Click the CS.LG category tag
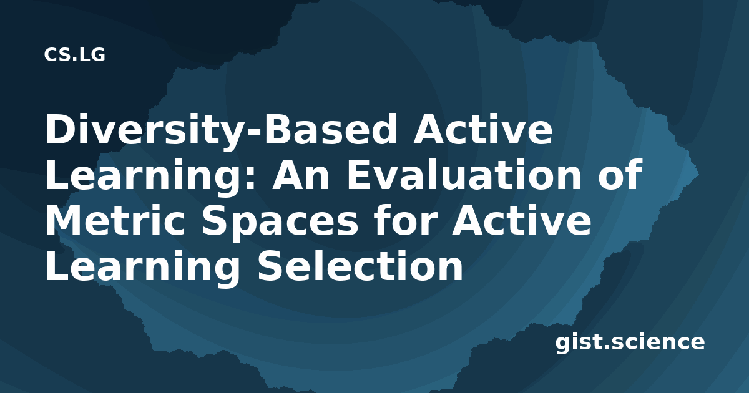pos(74,55)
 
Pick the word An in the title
pos(301,175)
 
